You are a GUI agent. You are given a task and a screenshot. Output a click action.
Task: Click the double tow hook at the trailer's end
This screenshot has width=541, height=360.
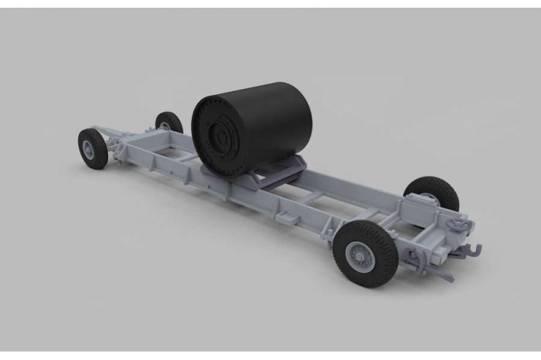click(x=468, y=251)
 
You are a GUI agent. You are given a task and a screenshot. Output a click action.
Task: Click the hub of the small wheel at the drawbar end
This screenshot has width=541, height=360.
click(x=90, y=148)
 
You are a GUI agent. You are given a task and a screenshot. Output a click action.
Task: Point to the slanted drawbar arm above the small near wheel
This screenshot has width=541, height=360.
click(x=116, y=141)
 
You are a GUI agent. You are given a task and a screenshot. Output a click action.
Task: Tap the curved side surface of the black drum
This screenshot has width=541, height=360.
click(x=274, y=116)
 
